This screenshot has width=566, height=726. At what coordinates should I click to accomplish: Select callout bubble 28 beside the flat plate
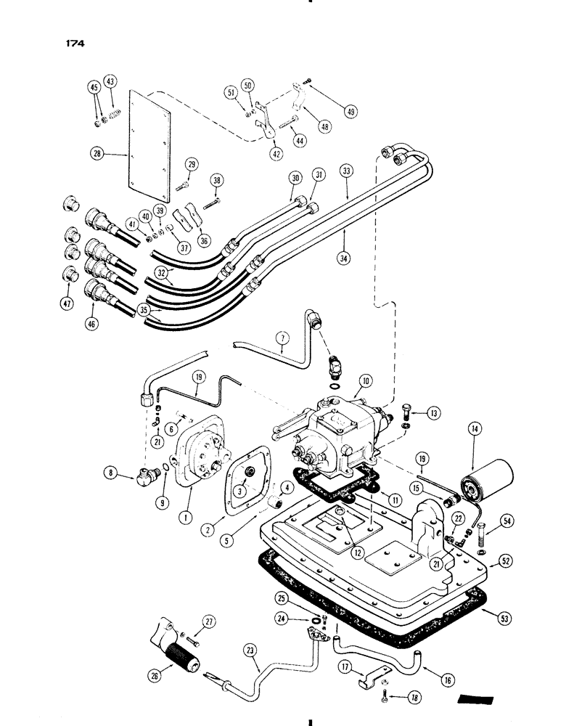[x=95, y=153]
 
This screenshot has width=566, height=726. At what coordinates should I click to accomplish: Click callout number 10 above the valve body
[x=364, y=380]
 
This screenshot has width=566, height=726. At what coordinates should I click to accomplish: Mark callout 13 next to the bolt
[x=434, y=414]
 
